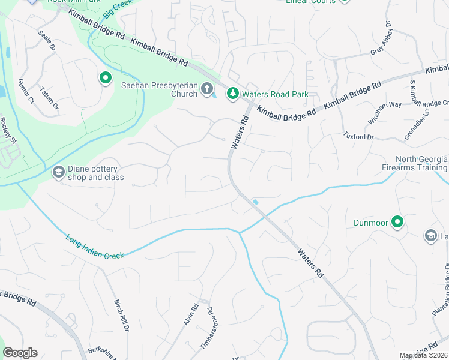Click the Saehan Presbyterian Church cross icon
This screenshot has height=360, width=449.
coord(206,89)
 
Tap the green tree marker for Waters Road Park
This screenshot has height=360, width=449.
coord(232,94)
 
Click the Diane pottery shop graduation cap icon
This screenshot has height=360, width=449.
coord(58,173)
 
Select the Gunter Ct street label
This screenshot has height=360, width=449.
coord(27,89)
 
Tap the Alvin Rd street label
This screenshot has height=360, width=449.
coord(191,314)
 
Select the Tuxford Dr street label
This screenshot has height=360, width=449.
coord(358,137)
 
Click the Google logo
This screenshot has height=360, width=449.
coord(20,353)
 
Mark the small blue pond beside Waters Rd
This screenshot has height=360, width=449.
coord(256,202)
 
